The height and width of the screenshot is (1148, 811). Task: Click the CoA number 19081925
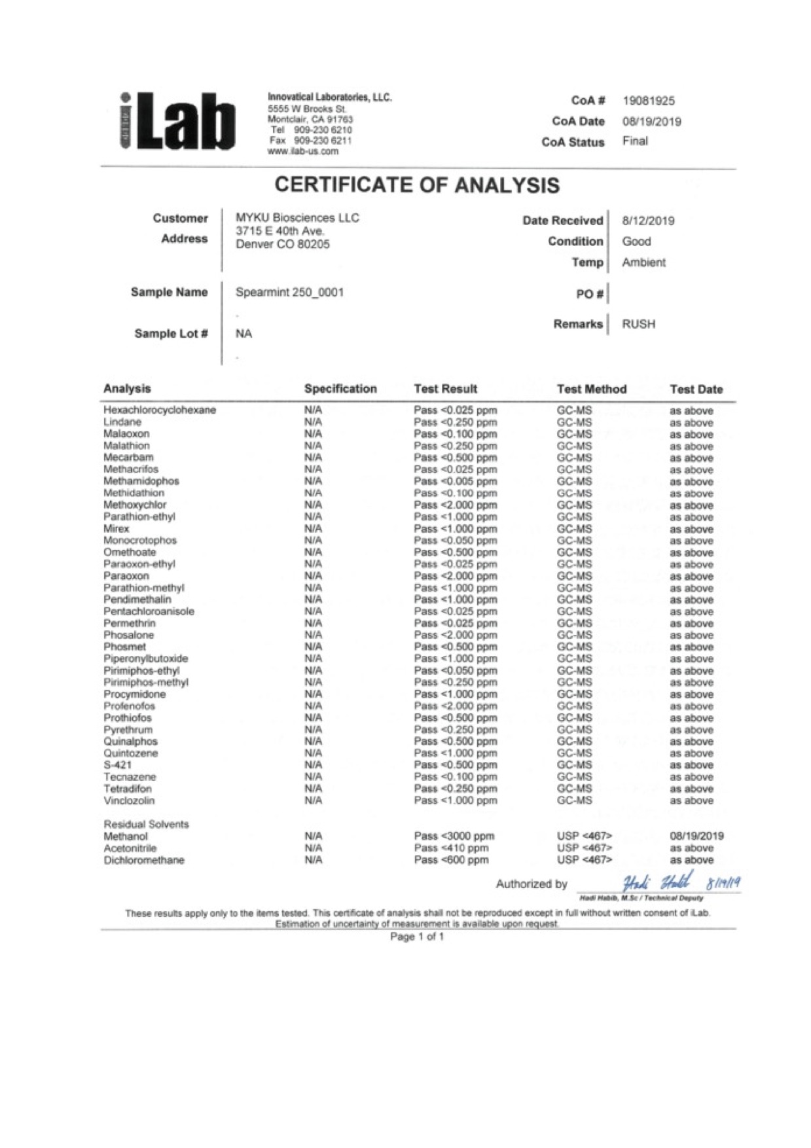coord(648,101)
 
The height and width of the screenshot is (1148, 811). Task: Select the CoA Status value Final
coord(635,141)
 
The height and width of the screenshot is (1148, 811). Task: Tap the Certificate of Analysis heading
coord(417,185)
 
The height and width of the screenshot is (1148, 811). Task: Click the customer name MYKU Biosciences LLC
coord(297,218)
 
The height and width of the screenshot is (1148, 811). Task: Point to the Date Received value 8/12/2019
coord(647,221)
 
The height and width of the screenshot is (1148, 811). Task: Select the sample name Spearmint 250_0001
coord(289,293)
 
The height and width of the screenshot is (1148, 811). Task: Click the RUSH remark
coord(638,324)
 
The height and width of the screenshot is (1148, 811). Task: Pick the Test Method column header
coord(591,389)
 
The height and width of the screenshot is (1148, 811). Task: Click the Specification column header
coord(340,389)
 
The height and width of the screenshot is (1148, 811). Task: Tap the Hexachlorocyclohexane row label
coord(160,410)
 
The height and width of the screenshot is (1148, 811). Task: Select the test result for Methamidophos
coord(455,481)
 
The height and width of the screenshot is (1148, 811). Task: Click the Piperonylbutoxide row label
coord(145,658)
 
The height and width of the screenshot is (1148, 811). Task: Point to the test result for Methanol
coord(454,836)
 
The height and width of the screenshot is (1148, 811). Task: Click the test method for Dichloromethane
coord(584,860)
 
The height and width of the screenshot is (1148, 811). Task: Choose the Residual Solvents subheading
coord(146,824)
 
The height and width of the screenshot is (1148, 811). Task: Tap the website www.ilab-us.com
coord(303,151)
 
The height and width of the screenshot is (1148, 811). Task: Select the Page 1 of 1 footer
coord(417,937)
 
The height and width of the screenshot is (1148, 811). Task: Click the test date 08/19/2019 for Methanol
coord(696,836)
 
